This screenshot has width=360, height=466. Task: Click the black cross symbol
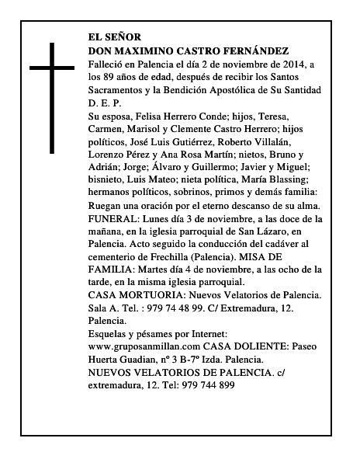tap(54, 98)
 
